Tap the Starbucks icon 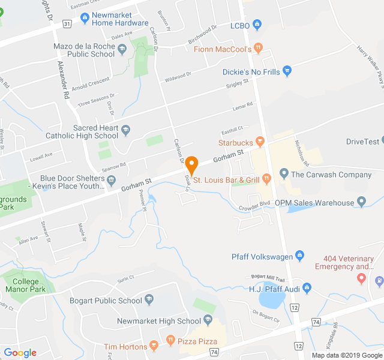pyautogui.click(x=260, y=142)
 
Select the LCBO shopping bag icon pyautogui.click(x=257, y=25)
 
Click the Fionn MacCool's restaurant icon pyautogui.click(x=258, y=48)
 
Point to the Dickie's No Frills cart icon pyautogui.click(x=287, y=71)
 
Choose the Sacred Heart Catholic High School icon pyautogui.click(x=126, y=129)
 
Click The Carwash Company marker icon pyautogui.click(x=284, y=175)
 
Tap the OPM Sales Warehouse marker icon pyautogui.click(x=361, y=202)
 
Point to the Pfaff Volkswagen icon pyautogui.click(x=299, y=257)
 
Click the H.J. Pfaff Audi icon pyautogui.click(x=307, y=289)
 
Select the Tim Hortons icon pyautogui.click(x=154, y=345)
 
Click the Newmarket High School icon pyautogui.click(x=208, y=320)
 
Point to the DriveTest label pyautogui.click(x=363, y=142)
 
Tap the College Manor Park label pyautogui.click(x=28, y=286)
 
